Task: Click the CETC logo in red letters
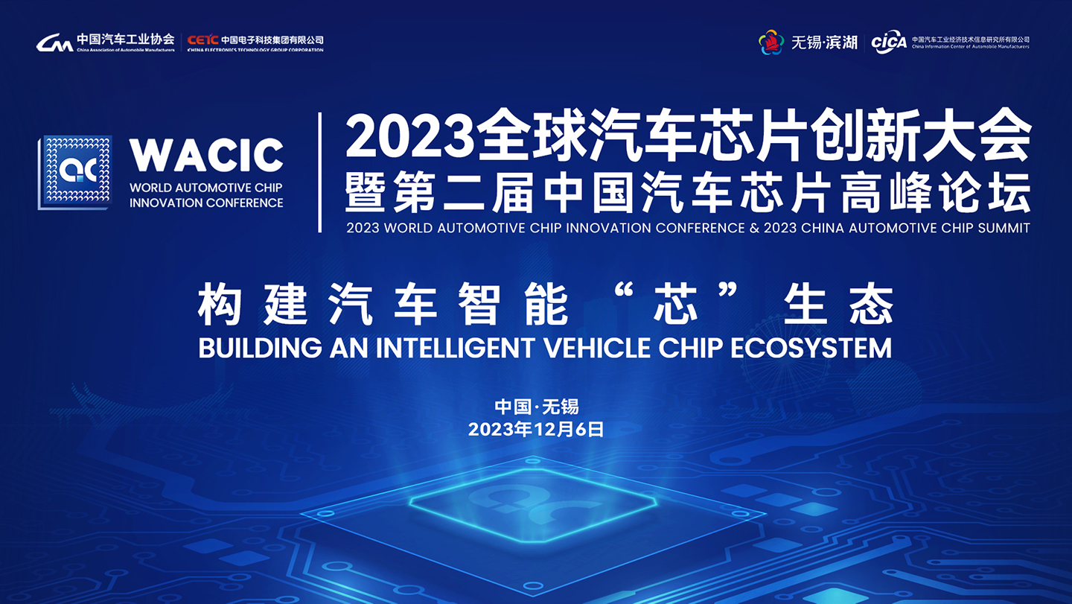203,39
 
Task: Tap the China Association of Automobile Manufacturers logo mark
54,42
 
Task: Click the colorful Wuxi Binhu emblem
771,42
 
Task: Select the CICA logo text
889,42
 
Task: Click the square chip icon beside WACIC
75,172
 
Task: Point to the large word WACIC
206,155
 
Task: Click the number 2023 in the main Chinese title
409,137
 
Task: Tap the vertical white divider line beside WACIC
319,172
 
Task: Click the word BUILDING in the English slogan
261,348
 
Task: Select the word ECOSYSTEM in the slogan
811,348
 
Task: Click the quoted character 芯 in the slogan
675,305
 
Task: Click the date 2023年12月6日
536,429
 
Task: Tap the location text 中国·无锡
537,407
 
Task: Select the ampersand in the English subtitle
754,228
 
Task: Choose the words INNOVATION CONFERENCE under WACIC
206,203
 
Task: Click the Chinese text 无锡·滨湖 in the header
824,42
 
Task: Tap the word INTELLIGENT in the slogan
455,348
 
